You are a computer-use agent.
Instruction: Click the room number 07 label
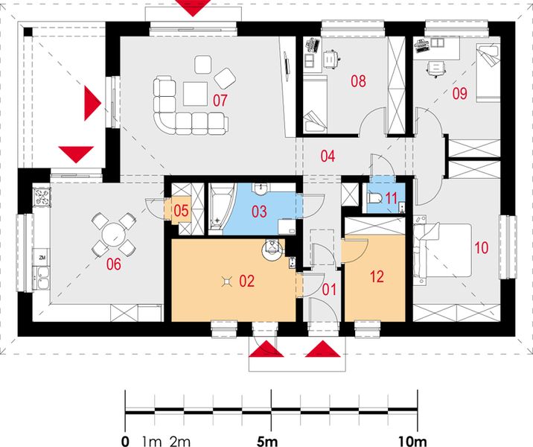point(220,101)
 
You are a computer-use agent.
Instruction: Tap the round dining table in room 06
point(114,235)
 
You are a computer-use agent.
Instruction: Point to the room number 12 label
point(377,276)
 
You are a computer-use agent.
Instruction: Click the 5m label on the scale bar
point(266,441)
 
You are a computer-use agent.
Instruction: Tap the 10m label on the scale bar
point(412,441)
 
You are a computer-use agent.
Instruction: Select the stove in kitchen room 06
point(42,197)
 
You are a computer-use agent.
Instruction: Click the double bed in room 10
point(442,251)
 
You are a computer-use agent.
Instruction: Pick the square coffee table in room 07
point(196,94)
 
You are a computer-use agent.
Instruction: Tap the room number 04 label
point(328,156)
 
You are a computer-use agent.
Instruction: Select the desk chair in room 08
point(331,58)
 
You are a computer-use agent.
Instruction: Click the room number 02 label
point(246,281)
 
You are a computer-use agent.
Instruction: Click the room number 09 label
point(459,94)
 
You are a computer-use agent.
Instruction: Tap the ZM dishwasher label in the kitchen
point(42,258)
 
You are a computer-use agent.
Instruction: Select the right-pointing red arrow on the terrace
point(92,103)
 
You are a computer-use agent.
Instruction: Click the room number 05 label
point(181,210)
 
